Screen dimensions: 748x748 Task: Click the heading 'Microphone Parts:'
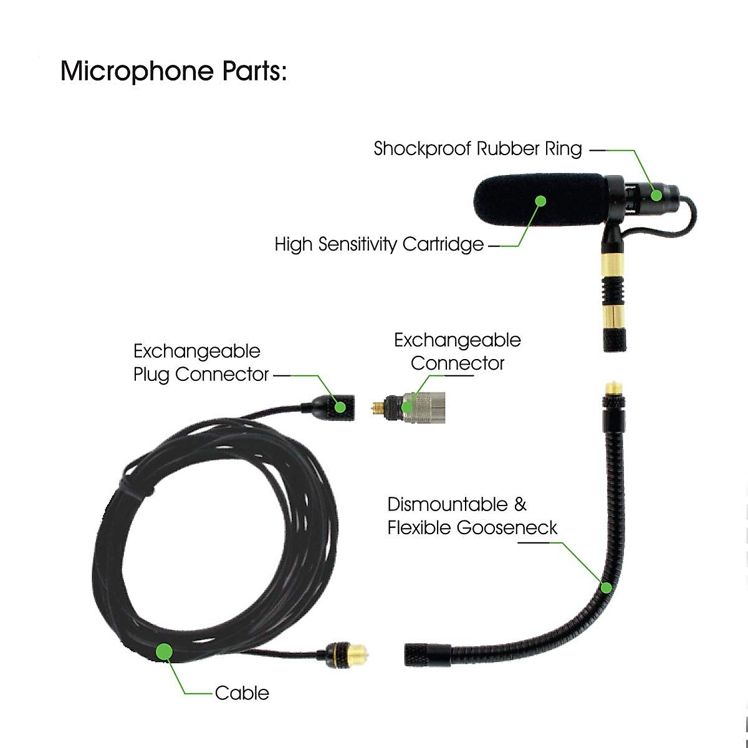(x=173, y=71)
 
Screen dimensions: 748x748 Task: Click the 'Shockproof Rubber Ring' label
(x=477, y=149)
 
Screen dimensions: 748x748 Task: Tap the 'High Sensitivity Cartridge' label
(x=379, y=244)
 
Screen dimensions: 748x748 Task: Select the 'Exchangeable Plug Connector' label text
(x=201, y=363)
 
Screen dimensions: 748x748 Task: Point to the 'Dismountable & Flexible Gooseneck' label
(x=472, y=516)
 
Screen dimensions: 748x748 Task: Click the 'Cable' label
(x=242, y=693)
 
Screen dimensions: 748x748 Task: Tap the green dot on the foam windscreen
(x=540, y=201)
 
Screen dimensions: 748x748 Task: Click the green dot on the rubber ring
(x=656, y=194)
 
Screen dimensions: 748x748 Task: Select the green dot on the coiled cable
(x=164, y=651)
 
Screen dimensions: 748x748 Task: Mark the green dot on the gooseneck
(x=605, y=587)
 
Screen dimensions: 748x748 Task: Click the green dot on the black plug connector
(x=340, y=407)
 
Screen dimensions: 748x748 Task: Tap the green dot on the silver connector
(x=406, y=408)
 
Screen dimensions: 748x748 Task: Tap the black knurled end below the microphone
(x=616, y=337)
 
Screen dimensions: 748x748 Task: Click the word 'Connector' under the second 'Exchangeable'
(x=457, y=363)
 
